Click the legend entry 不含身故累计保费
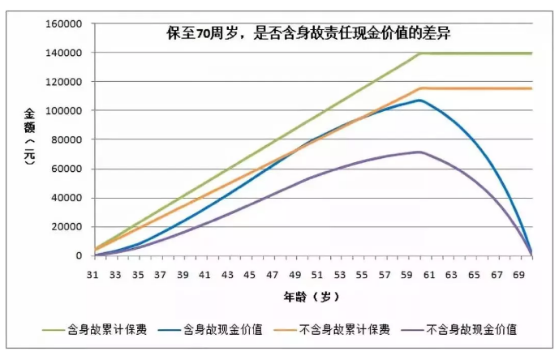(x=352, y=329)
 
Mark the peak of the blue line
(x=419, y=101)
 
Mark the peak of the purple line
(x=419, y=152)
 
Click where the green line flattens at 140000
(x=420, y=53)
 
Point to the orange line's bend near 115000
(x=420, y=88)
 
